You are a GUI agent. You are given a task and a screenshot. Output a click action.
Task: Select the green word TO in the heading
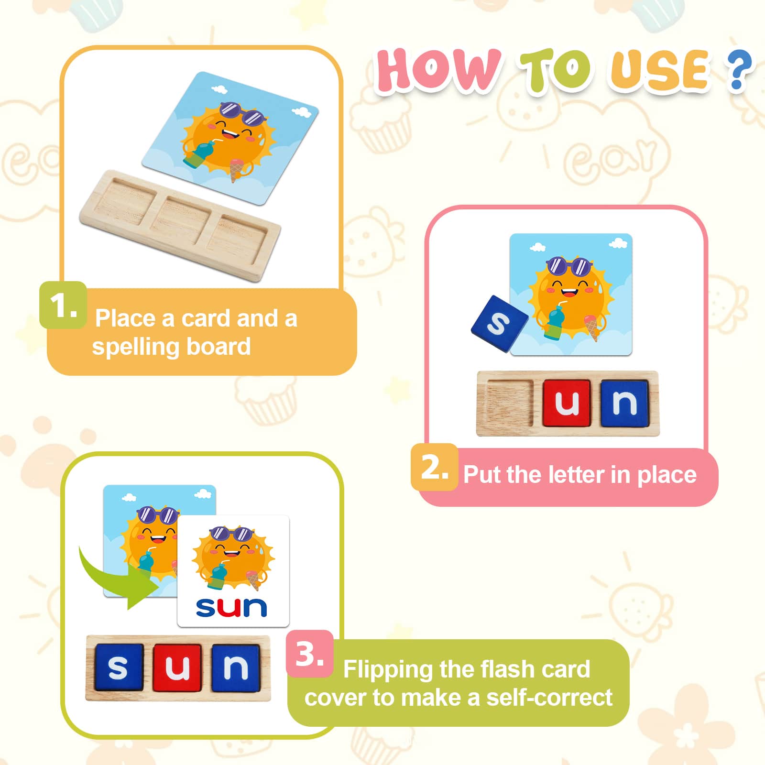click(x=555, y=71)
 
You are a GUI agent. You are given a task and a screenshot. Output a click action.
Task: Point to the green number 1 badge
click(x=63, y=305)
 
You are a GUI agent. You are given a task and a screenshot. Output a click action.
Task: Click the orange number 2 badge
click(x=434, y=467)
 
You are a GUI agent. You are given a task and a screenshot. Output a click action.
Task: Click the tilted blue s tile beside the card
click(x=499, y=324)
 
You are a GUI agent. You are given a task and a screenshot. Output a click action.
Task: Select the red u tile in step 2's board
click(x=567, y=403)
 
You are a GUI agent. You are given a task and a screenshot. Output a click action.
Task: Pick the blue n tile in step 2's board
click(x=624, y=403)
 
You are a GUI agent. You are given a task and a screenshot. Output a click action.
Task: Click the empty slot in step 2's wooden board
click(x=509, y=403)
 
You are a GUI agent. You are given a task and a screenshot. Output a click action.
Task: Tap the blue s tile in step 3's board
click(x=119, y=667)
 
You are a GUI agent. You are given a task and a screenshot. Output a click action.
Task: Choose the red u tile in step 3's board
click(x=177, y=667)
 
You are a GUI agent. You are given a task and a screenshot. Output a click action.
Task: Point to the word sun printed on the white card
click(x=231, y=608)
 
